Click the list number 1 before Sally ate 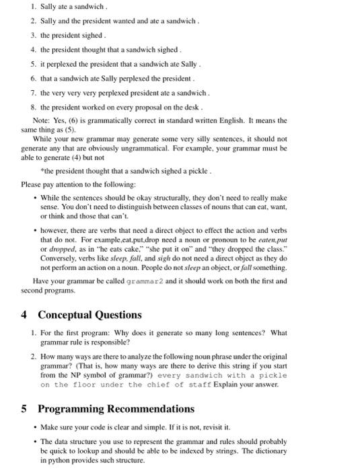click(33, 7)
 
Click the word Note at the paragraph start click(42, 120)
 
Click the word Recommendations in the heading click(150, 409)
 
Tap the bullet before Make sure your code click(34, 427)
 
